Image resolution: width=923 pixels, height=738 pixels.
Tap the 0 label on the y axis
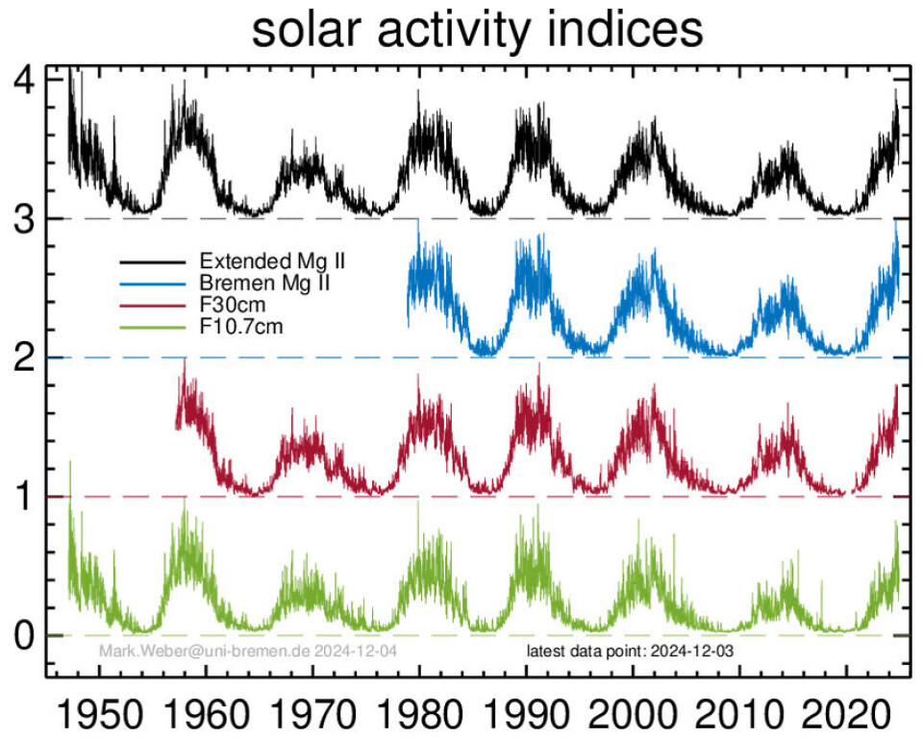tap(26, 635)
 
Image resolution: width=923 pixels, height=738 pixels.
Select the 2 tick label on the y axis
tap(26, 357)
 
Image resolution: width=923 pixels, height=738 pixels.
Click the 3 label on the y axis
tap(26, 218)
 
